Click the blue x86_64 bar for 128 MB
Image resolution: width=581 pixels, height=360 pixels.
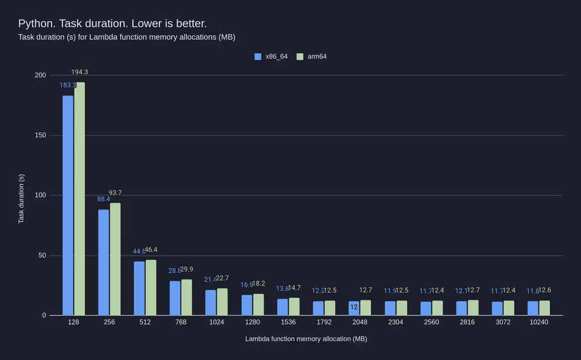pos(68,205)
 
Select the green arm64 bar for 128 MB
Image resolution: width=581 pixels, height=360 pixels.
pos(79,199)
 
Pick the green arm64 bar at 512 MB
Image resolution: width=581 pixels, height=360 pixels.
pos(151,287)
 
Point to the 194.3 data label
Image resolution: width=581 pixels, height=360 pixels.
pos(79,72)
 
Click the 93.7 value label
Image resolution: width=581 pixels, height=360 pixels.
pos(115,193)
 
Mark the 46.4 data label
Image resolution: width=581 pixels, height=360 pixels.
pos(151,250)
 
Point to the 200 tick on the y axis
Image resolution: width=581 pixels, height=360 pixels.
pos(40,75)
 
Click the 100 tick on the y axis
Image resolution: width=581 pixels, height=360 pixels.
pos(40,195)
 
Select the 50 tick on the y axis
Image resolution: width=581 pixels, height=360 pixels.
pos(41,256)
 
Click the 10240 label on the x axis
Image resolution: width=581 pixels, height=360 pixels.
pos(538,322)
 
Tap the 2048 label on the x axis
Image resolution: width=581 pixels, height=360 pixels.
pos(360,322)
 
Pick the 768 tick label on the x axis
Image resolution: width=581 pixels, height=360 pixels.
pos(181,322)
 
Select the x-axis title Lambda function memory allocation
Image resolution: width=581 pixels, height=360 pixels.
pos(306,339)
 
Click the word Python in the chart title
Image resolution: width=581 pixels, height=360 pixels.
pos(35,23)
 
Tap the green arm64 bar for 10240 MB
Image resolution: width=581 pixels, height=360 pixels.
pos(545,308)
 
